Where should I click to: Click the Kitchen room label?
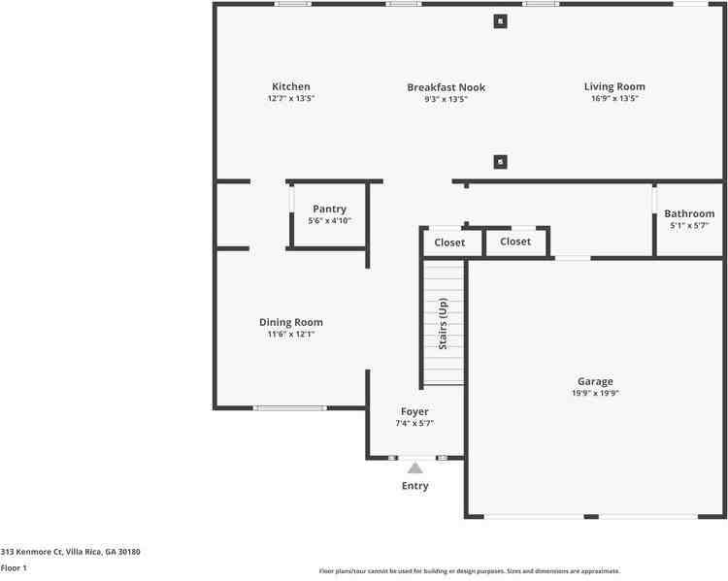click(291, 86)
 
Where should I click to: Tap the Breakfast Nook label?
click(447, 87)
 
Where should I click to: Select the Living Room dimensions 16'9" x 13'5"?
click(614, 98)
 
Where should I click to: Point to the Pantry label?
click(330, 210)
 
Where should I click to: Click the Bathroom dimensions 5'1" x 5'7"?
click(689, 226)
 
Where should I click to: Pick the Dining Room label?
click(291, 322)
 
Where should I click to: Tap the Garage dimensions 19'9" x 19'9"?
click(595, 393)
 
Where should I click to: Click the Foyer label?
click(414, 411)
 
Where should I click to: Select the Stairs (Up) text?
click(443, 323)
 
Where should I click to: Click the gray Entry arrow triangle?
click(415, 468)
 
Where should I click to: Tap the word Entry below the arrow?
click(415, 486)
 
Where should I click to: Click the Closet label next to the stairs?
click(449, 242)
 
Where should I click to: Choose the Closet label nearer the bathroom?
click(515, 242)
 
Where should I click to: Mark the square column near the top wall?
click(500, 21)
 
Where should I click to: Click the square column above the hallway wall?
click(500, 162)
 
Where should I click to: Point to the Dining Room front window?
click(290, 408)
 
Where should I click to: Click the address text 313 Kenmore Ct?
click(32, 552)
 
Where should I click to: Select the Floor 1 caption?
click(14, 567)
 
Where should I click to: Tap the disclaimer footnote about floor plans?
click(470, 570)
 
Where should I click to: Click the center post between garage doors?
click(591, 516)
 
